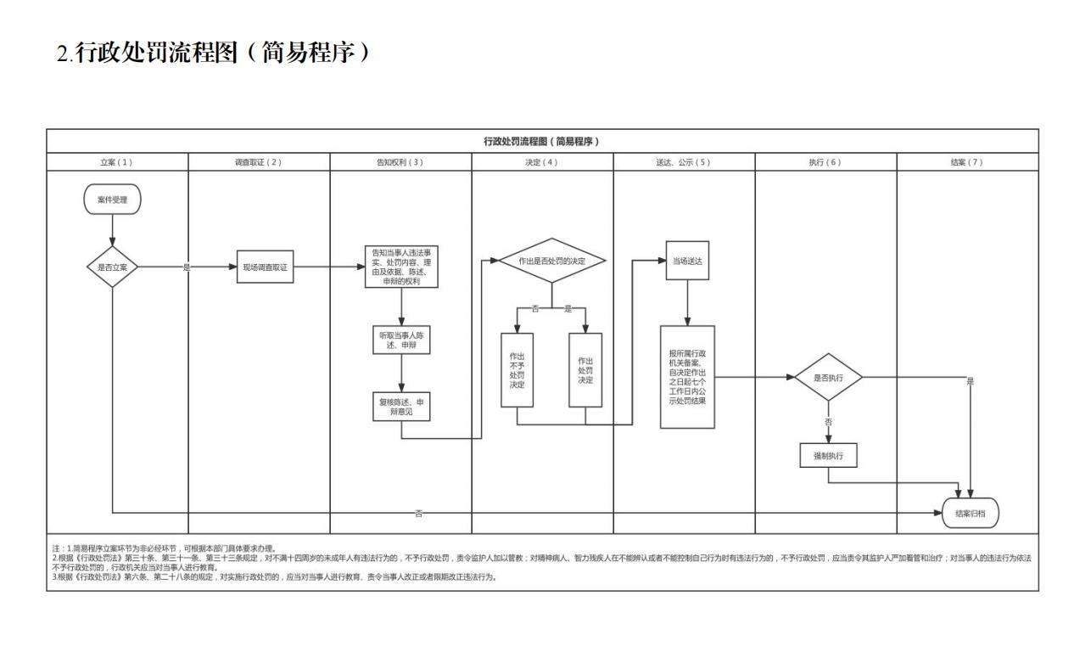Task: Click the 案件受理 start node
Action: coord(112,200)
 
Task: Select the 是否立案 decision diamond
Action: coord(112,267)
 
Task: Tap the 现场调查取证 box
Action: coord(266,267)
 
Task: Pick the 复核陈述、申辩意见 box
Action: coord(401,407)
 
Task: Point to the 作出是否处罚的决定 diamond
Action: coord(551,261)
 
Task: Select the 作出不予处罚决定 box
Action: coord(517,371)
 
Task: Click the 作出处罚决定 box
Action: coord(585,370)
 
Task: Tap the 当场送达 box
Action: coord(687,262)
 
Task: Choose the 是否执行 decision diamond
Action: coord(828,377)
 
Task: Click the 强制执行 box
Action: coord(828,456)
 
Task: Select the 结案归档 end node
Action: coord(971,513)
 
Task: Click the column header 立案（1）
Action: coord(117,162)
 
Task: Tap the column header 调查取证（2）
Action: coord(259,162)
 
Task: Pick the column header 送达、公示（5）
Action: coord(684,162)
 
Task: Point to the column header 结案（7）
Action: coord(967,162)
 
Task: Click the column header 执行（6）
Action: coord(825,162)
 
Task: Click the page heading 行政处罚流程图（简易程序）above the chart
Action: coord(214,53)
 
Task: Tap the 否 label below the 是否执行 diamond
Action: coord(828,422)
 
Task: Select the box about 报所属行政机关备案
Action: coord(687,377)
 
